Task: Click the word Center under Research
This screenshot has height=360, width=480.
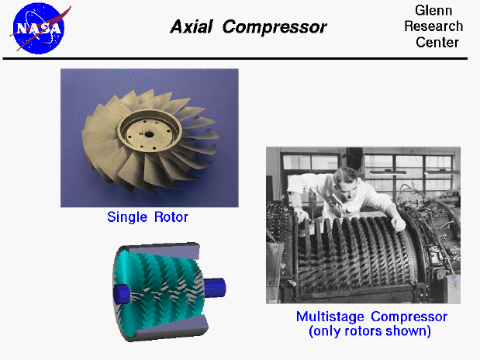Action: pyautogui.click(x=437, y=42)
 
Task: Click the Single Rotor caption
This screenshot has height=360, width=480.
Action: pyautogui.click(x=147, y=217)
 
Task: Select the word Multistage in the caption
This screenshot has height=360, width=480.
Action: pyautogui.click(x=331, y=317)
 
